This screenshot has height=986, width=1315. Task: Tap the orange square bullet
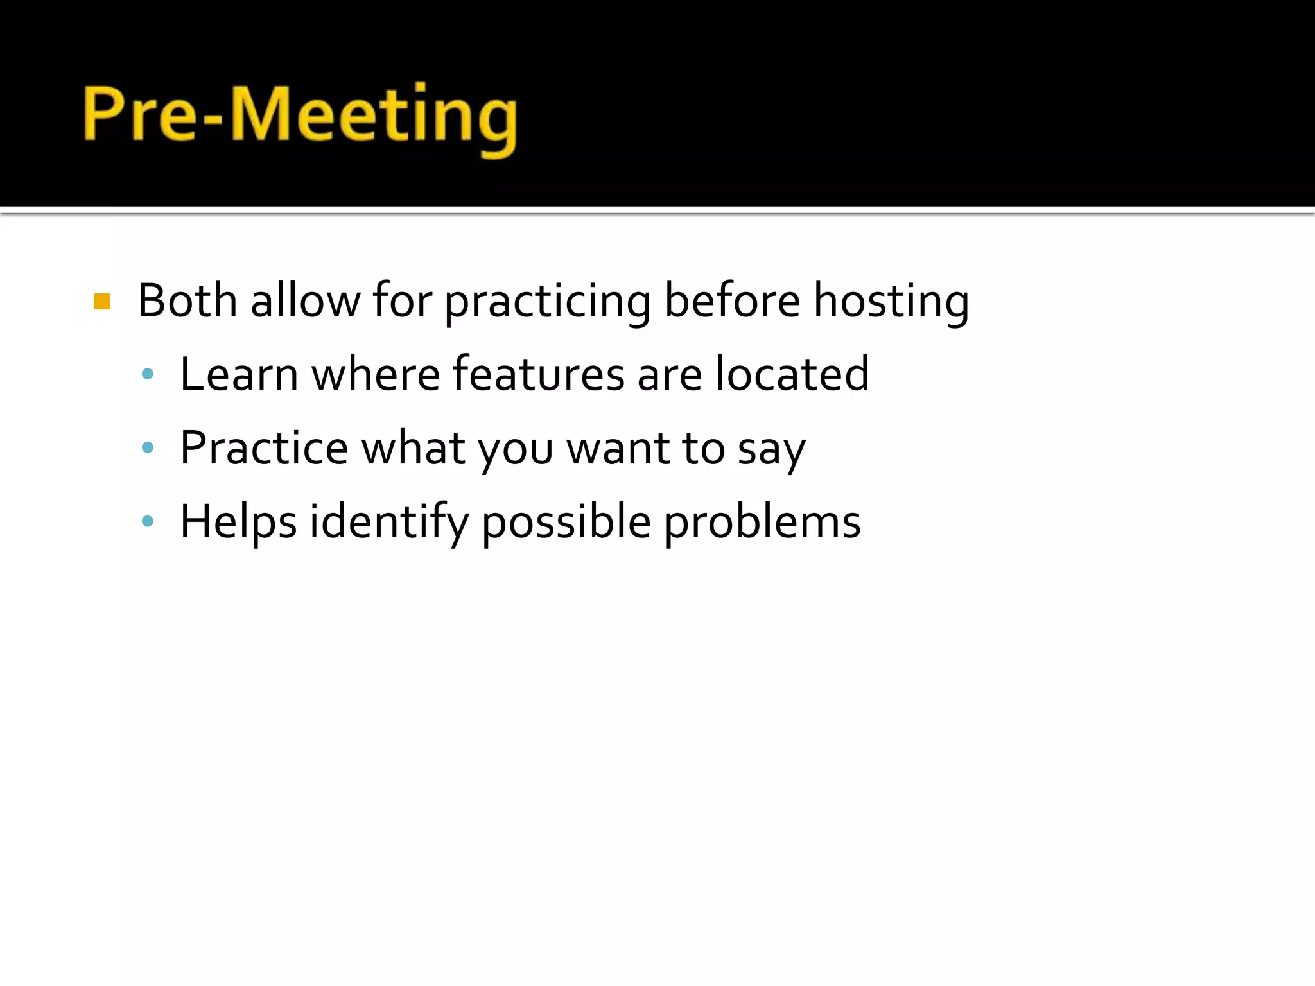(x=102, y=301)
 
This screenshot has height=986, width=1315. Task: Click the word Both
(x=187, y=300)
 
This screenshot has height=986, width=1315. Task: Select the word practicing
(x=548, y=302)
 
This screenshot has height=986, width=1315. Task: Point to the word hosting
(x=891, y=302)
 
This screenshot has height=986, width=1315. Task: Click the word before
(x=732, y=300)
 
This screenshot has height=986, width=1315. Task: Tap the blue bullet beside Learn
(x=148, y=374)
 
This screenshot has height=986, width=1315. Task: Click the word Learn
(x=239, y=374)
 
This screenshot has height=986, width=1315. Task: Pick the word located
(x=792, y=374)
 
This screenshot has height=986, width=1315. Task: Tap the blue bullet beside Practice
(x=148, y=447)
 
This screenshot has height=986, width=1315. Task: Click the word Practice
(x=264, y=447)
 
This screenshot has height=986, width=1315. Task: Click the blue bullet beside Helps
(x=148, y=521)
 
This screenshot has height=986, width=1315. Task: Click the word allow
(x=306, y=300)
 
